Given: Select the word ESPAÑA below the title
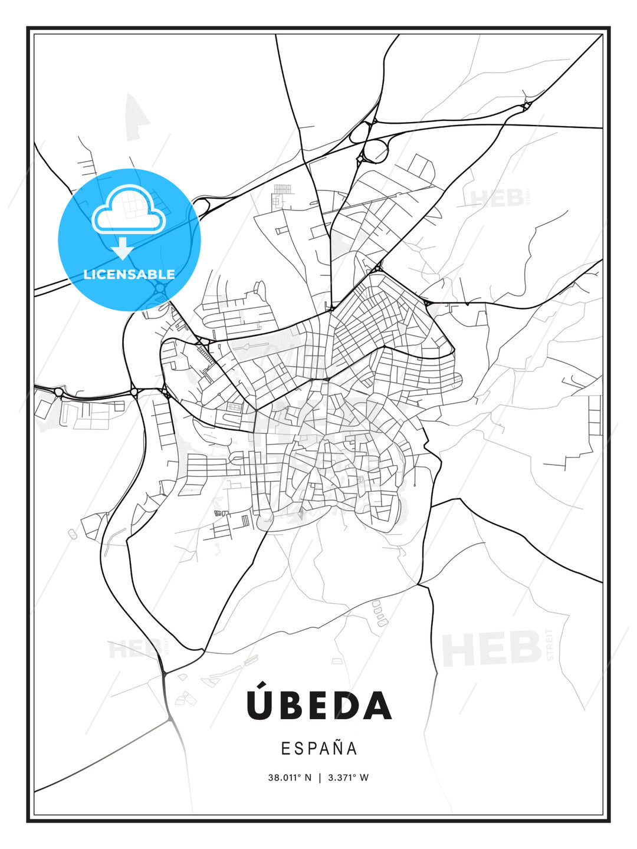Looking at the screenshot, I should tap(319, 748).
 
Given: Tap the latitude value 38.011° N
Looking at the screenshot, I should tap(290, 778).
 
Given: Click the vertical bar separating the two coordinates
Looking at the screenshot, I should tap(319, 778).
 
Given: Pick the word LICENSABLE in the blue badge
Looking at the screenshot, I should tap(129, 274).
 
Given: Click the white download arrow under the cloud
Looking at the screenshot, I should tap(123, 249).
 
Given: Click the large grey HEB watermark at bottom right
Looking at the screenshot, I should tap(492, 649).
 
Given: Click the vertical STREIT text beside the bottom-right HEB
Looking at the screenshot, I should tap(550, 644).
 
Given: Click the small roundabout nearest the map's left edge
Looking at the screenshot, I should tap(58, 391).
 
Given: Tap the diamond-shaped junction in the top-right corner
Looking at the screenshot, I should tap(526, 106).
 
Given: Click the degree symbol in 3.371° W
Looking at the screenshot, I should tap(355, 775).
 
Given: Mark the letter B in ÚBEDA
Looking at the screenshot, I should tap(288, 706).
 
